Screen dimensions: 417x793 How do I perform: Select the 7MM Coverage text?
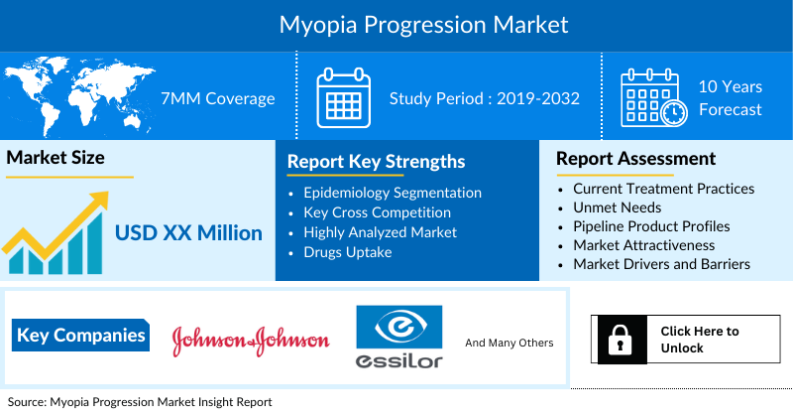coord(218,98)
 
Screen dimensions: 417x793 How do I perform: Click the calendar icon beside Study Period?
coord(343,97)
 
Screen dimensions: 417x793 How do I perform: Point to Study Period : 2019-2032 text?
coord(484,98)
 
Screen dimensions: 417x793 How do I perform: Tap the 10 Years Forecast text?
coord(731,98)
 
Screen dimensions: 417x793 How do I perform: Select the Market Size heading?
coord(56,158)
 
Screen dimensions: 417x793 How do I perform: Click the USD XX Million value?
coord(188,233)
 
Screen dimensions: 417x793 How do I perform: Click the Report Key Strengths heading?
coord(376,162)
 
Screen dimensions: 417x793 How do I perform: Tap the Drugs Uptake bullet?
coord(348,252)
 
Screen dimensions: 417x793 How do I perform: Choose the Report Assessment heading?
coord(635,159)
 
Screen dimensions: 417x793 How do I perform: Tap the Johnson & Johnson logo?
coord(250,340)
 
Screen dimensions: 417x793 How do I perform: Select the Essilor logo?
coord(399,338)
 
